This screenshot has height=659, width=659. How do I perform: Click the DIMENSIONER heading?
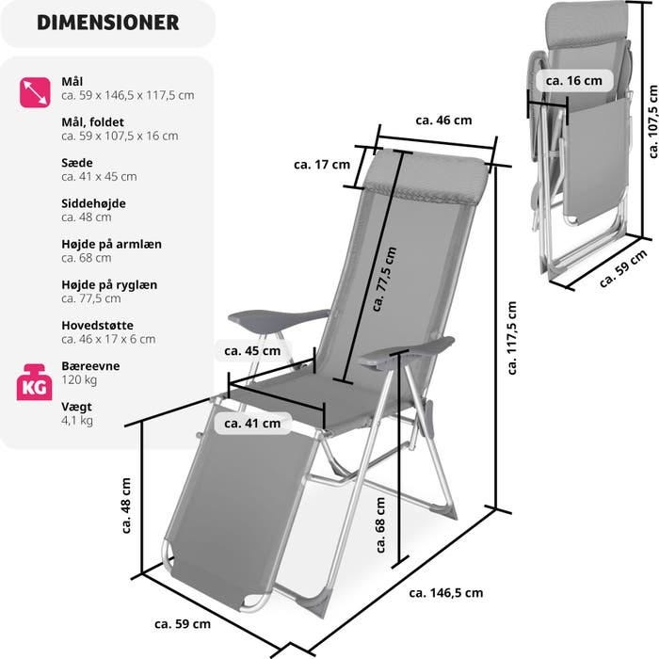click(108, 23)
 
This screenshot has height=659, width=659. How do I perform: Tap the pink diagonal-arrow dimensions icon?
click(35, 92)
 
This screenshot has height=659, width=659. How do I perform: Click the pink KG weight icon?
click(35, 382)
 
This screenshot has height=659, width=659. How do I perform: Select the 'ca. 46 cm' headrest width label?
click(443, 121)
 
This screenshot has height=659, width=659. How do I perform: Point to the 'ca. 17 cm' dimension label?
click(322, 165)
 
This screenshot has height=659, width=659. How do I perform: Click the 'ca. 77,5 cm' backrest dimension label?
click(384, 279)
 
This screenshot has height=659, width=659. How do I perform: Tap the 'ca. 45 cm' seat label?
click(252, 351)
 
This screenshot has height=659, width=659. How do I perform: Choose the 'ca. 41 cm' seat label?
click(252, 424)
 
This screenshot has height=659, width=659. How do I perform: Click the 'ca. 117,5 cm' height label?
click(511, 338)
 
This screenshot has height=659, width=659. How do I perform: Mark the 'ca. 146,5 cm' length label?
click(446, 593)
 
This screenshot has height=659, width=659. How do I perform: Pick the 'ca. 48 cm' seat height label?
click(125, 506)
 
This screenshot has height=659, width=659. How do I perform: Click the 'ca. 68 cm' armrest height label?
click(380, 525)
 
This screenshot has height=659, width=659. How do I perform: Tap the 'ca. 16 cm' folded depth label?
click(573, 81)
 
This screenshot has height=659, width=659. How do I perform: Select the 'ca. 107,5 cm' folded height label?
click(652, 121)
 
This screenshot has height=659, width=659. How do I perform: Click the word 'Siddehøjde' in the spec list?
click(94, 203)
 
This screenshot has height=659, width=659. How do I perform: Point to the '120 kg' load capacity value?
click(79, 380)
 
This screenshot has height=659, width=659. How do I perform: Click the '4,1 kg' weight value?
click(77, 420)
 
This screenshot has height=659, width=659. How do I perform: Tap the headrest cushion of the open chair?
click(425, 177)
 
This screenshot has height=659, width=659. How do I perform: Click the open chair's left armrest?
click(279, 319)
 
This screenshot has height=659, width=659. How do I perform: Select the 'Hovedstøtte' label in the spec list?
click(98, 326)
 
